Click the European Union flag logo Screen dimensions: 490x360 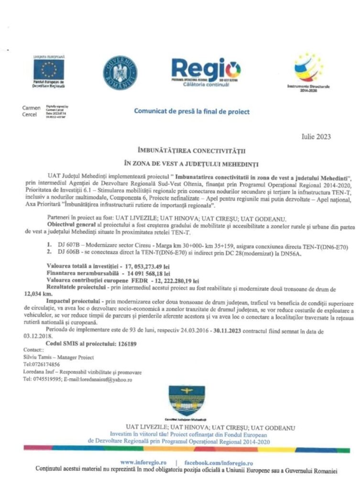(48, 70)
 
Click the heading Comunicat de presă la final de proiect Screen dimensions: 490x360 (191, 111)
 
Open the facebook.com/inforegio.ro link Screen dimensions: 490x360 (218, 463)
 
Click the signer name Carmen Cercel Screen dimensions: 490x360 (32, 111)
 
